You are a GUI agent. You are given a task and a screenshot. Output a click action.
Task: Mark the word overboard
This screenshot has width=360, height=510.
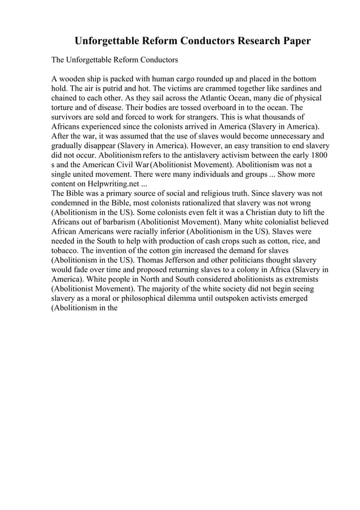(191, 108)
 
